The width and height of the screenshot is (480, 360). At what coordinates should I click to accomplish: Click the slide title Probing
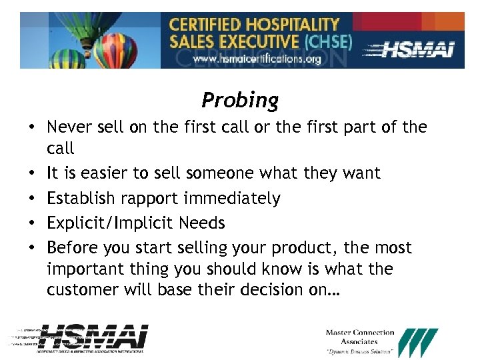pyautogui.click(x=240, y=100)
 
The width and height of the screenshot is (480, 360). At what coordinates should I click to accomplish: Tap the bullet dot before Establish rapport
pyautogui.click(x=32, y=199)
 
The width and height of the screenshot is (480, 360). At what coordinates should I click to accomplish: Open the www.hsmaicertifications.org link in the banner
pyautogui.click(x=257, y=59)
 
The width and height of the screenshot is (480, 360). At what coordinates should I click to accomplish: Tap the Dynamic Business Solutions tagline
pyautogui.click(x=359, y=351)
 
